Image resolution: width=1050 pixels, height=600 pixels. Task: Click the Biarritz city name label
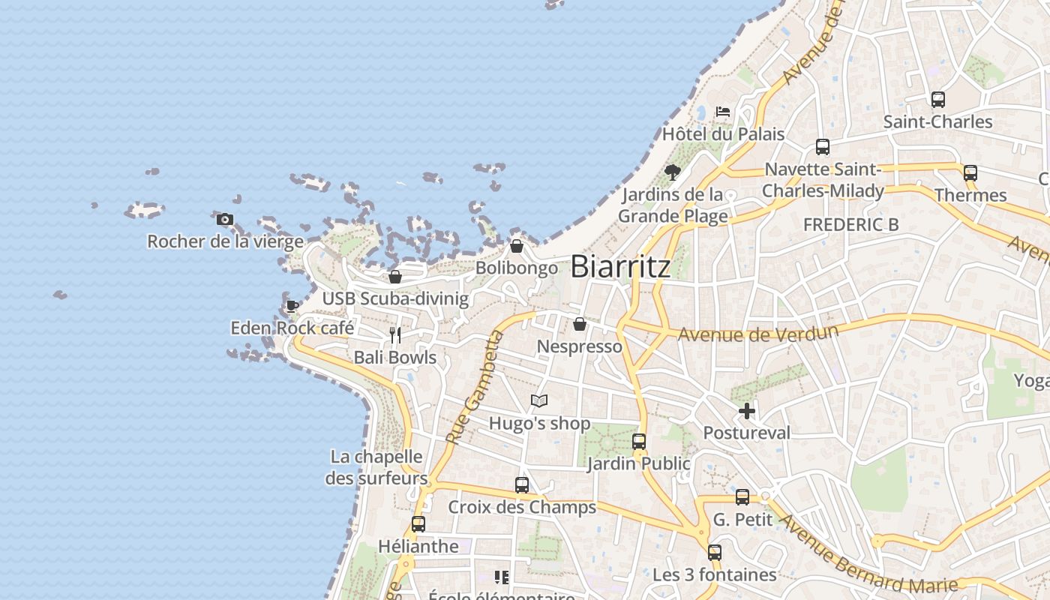[620, 267]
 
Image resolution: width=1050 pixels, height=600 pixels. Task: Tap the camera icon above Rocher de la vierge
[224, 220]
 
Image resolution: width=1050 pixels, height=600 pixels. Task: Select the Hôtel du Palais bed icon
[722, 112]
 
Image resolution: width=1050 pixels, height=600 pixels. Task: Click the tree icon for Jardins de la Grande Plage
[673, 172]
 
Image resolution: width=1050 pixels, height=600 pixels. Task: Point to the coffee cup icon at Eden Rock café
[292, 306]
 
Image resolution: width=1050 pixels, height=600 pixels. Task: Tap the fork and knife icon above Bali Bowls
[395, 335]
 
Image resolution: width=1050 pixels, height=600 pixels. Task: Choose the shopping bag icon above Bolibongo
[517, 245]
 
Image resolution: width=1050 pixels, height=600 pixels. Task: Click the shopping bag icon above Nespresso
[580, 324]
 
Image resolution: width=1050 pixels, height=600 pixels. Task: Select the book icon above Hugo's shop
[539, 400]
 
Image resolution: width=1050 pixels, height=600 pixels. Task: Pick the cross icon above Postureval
[747, 410]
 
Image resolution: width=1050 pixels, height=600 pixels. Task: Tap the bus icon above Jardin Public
[639, 442]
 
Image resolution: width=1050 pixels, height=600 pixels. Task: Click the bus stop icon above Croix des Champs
[522, 485]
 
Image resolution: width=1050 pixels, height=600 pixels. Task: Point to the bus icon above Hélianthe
[418, 524]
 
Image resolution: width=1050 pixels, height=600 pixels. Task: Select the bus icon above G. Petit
[742, 496]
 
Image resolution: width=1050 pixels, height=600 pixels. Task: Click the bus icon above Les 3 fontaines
[715, 553]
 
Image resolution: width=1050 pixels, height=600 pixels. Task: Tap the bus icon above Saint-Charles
[937, 100]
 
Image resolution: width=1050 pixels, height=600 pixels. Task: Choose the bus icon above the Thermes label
[970, 173]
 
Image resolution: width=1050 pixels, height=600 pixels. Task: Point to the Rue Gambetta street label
[473, 387]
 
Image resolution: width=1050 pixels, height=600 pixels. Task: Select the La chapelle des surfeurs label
[376, 467]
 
